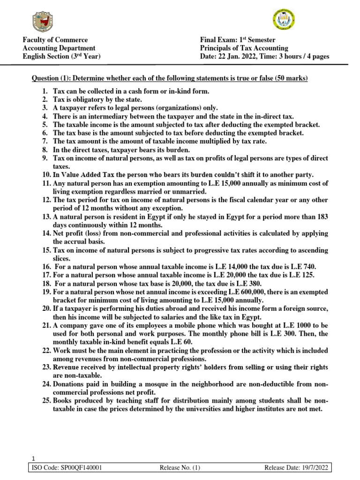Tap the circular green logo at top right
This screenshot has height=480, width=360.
pos(283,20)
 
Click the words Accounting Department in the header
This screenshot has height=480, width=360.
pos(59,48)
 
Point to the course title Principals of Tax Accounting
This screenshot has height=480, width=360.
pos(244,48)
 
